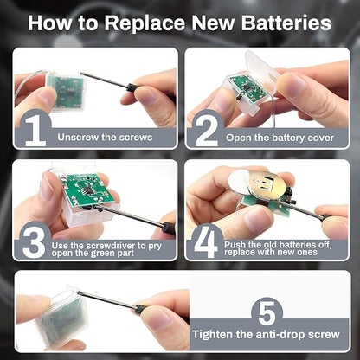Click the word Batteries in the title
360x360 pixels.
(x=286, y=22)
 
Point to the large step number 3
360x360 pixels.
(x=34, y=242)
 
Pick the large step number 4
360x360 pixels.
(x=206, y=242)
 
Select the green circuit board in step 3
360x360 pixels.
(x=85, y=190)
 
